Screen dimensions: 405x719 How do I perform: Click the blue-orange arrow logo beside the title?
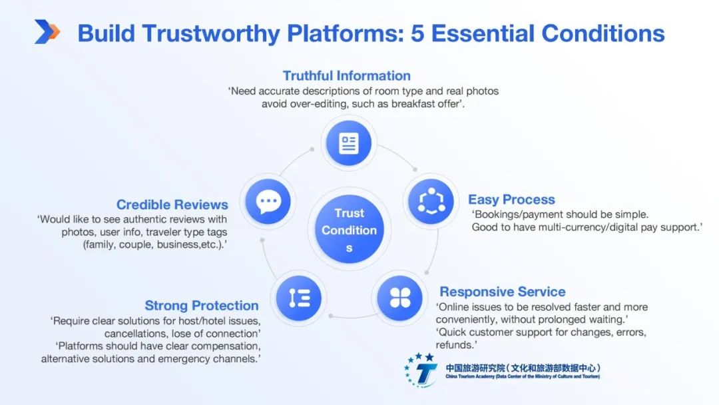[47, 31]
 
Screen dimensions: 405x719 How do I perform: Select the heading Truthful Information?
[346, 75]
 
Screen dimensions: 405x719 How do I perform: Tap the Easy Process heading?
[511, 199]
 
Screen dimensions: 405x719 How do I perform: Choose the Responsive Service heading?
[502, 292]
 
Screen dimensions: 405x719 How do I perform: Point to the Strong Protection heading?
[202, 306]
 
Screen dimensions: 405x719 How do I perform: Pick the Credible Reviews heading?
[172, 204]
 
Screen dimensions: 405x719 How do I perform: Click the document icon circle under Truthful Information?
[349, 143]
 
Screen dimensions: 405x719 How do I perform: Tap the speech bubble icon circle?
[268, 201]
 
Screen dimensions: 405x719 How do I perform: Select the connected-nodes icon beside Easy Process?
[431, 201]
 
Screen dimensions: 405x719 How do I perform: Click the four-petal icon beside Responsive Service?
[400, 298]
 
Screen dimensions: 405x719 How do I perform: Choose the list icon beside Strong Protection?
[300, 298]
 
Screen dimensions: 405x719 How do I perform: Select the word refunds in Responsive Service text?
[456, 345]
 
